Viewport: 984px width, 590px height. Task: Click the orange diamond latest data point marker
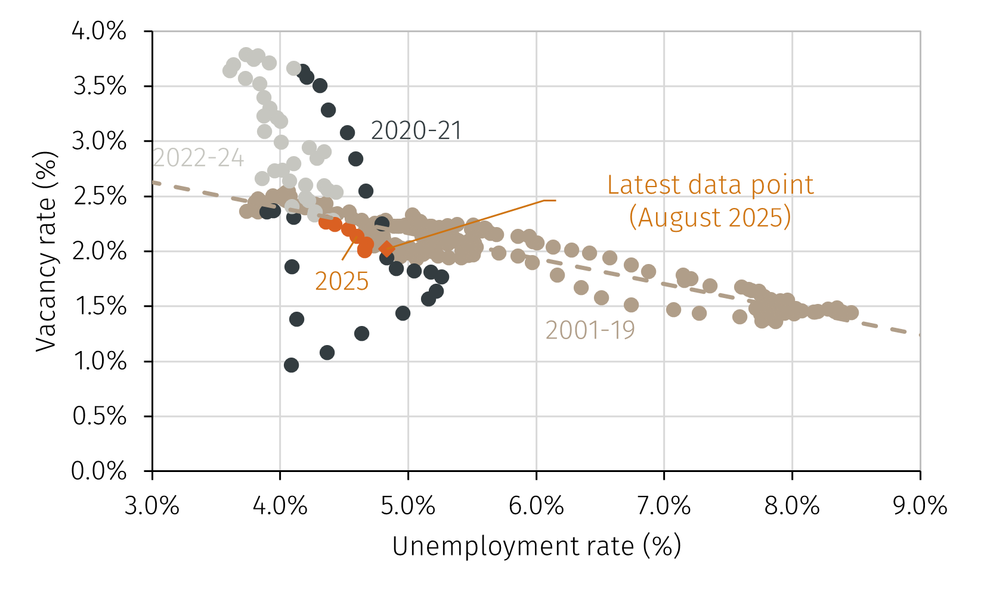[386, 249]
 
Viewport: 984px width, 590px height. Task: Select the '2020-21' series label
[416, 131]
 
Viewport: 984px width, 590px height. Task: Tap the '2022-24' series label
[199, 158]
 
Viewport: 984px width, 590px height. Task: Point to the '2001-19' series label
[590, 330]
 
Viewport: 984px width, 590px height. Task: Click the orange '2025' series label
[342, 281]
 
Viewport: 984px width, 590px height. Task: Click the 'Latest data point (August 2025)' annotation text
[710, 201]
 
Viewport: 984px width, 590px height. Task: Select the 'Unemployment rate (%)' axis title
[536, 546]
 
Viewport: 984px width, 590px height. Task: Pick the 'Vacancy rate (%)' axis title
[46, 251]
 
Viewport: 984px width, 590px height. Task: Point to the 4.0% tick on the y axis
[99, 31]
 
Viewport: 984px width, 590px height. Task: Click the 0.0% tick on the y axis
[99, 471]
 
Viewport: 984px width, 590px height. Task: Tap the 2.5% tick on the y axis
[99, 196]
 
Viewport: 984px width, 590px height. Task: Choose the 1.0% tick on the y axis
[99, 361]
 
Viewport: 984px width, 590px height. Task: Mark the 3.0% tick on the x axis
[152, 506]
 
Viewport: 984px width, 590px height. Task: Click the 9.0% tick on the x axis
[920, 506]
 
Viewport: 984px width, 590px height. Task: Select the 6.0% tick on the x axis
[536, 506]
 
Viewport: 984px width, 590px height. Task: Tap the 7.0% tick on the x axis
[664, 506]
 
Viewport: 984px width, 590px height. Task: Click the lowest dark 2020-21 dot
[291, 365]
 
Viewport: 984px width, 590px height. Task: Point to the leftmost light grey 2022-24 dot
[230, 70]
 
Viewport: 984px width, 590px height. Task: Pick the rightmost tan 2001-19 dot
[852, 312]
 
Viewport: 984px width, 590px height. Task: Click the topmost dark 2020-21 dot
[302, 72]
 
